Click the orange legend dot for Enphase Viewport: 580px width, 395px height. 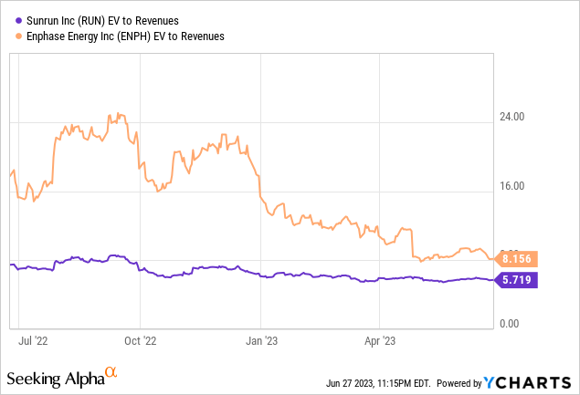[10, 36]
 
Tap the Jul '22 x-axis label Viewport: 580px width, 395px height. [35, 341]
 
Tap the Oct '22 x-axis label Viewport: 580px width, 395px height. [140, 341]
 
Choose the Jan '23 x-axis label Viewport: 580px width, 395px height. [260, 341]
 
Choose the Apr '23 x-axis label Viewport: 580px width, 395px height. [378, 341]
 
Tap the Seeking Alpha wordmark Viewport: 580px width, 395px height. [55, 377]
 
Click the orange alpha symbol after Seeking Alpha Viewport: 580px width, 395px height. [111, 372]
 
